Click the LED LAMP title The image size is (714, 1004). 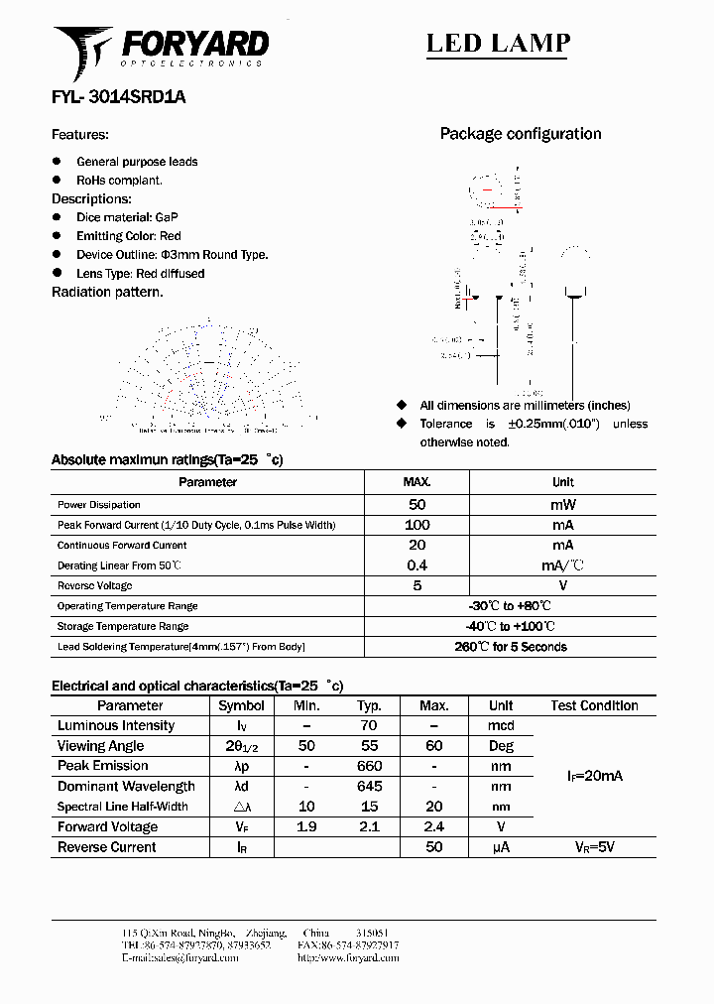tap(498, 43)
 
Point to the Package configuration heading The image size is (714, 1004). tap(520, 134)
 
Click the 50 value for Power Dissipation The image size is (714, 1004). tap(416, 504)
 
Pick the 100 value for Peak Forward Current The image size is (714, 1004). tap(416, 525)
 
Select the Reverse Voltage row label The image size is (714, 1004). tap(94, 586)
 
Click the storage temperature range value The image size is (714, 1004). tap(510, 626)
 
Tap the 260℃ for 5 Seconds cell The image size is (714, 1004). tap(510, 647)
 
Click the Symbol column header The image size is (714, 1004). tap(241, 706)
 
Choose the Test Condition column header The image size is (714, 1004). tap(594, 706)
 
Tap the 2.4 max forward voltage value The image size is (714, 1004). tap(433, 826)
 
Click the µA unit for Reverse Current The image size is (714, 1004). tap(501, 847)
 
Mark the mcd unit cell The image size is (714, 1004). tap(501, 726)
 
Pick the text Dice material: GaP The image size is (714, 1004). tap(127, 217)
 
